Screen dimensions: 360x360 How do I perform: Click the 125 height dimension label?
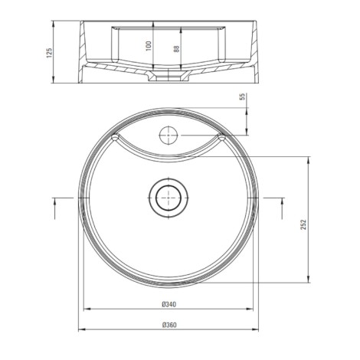[49, 53]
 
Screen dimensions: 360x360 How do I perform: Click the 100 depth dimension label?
[149, 46]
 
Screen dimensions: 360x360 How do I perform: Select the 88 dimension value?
[176, 48]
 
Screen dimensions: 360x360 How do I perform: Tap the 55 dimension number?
[242, 97]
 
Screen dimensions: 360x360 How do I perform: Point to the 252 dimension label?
[303, 224]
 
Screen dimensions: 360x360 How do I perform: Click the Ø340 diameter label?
[169, 304]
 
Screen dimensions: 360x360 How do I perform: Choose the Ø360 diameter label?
[169, 325]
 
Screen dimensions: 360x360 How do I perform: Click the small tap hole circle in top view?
[169, 136]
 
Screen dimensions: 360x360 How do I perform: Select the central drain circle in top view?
[169, 198]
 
